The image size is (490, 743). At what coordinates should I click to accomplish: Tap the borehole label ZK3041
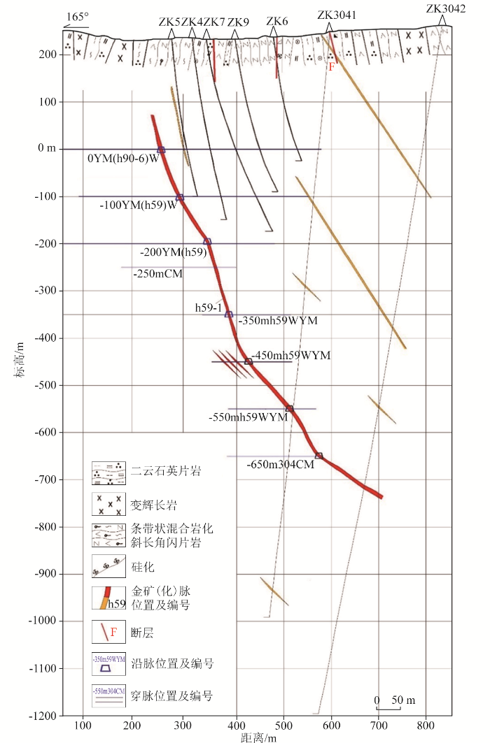(x=337, y=15)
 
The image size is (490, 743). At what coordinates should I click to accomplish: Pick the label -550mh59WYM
(x=248, y=417)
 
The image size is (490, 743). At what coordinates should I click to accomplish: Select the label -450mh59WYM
(x=292, y=356)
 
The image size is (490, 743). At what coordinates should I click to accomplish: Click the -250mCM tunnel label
(x=157, y=274)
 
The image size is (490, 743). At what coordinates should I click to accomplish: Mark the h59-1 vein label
(x=209, y=308)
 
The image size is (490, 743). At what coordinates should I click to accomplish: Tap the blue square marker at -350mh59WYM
(x=229, y=315)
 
